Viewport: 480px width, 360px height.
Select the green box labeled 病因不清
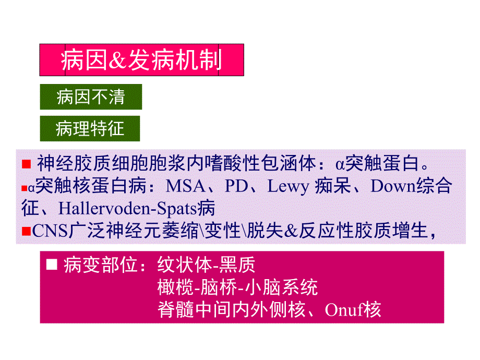tap(91, 97)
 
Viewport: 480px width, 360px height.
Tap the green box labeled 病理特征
tap(90, 128)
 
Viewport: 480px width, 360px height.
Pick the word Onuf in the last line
tap(344, 310)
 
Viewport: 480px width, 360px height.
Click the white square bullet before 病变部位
tap(51, 266)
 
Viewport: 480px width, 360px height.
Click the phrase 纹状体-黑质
tap(207, 266)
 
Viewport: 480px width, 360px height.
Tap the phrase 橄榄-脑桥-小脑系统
tap(237, 287)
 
